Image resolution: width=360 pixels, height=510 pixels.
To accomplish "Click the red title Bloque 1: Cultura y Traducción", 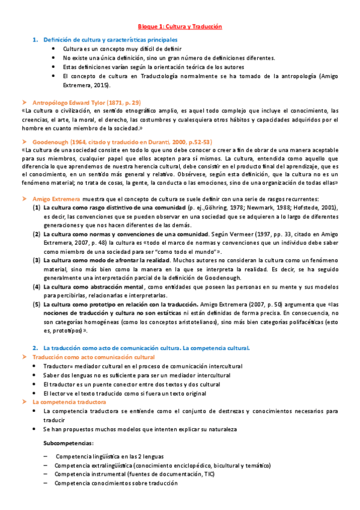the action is coord(180,27).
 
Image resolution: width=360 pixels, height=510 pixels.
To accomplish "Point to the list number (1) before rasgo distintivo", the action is coord(37,207).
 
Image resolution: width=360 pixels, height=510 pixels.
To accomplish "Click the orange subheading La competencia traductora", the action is coord(69,401).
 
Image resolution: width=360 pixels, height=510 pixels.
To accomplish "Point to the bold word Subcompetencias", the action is coord(69,443).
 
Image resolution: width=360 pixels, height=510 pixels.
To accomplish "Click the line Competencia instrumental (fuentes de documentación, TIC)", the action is coord(135,474).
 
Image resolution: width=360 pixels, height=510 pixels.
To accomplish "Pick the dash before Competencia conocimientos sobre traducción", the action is coord(46,483).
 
